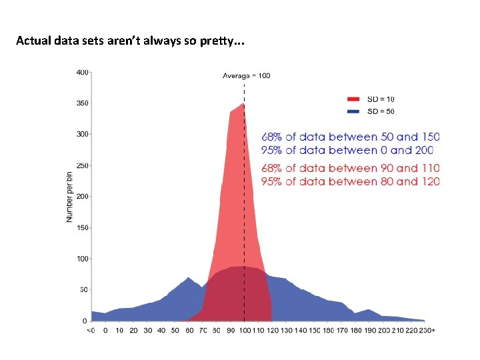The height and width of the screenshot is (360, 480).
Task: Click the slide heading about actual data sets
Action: pyautogui.click(x=130, y=41)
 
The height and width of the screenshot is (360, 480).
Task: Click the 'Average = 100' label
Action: pyautogui.click(x=246, y=75)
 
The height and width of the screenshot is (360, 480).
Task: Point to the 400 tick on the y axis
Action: pyautogui.click(x=82, y=72)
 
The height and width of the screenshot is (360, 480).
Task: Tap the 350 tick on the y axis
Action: pyautogui.click(x=82, y=103)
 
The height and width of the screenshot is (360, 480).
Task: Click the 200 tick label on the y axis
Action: pyautogui.click(x=82, y=197)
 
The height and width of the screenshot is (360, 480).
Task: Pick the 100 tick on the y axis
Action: pyautogui.click(x=82, y=259)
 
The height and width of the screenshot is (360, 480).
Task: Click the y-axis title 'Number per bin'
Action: pyautogui.click(x=69, y=197)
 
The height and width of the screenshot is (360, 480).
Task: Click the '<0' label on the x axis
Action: pyautogui.click(x=91, y=330)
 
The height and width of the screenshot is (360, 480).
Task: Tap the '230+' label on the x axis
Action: pyautogui.click(x=427, y=330)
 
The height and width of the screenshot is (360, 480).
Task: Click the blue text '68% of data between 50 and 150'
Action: pyautogui.click(x=350, y=137)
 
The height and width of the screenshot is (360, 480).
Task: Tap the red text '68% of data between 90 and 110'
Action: pyautogui.click(x=350, y=168)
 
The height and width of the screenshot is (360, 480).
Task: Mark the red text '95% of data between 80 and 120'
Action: pyautogui.click(x=350, y=181)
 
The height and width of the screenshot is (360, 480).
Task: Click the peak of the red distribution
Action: pyautogui.click(x=243, y=105)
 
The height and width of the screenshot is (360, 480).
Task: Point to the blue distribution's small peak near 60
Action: pyautogui.click(x=189, y=278)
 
